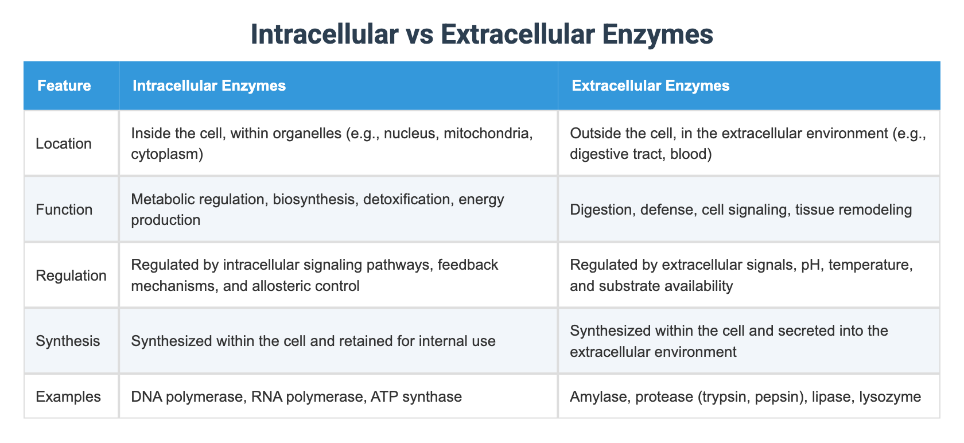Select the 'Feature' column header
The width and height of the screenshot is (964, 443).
(x=64, y=86)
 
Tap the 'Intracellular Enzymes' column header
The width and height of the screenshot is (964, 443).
(x=209, y=86)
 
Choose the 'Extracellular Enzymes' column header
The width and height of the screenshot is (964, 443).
(x=651, y=86)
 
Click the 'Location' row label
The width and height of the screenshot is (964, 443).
(x=63, y=143)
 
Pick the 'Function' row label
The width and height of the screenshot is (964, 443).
(x=64, y=209)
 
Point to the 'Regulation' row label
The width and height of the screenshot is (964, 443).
(x=71, y=275)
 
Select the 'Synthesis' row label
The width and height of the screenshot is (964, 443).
(x=68, y=341)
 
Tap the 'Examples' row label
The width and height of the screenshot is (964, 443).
(x=68, y=397)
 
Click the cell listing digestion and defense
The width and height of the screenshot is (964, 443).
(x=740, y=209)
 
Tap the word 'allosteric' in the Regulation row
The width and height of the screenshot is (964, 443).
(x=280, y=286)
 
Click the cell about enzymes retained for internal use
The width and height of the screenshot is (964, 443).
(x=313, y=341)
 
